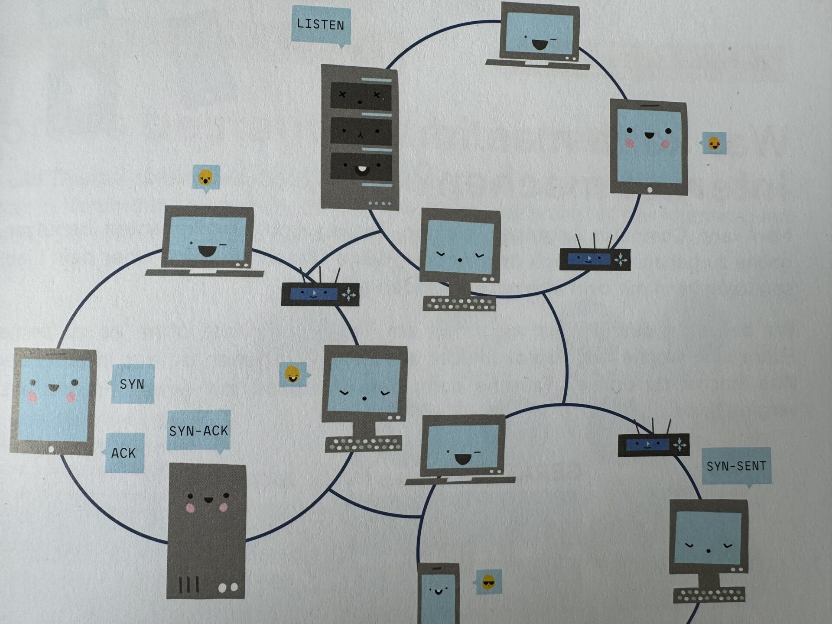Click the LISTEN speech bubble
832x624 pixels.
[x=321, y=25]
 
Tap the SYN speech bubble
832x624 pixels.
[x=132, y=384]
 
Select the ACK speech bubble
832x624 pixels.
[x=124, y=453]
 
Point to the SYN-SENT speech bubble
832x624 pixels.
[x=736, y=466]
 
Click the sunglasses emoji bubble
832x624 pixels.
[x=488, y=582]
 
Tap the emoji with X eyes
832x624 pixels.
[x=206, y=177]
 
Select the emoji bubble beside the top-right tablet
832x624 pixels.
[x=713, y=143]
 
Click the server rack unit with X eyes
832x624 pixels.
[x=361, y=95]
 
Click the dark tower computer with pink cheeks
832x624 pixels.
[x=206, y=531]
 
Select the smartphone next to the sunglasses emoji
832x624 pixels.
[x=438, y=593]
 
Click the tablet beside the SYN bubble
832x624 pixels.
[x=53, y=401]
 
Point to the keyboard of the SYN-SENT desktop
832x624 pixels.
[x=709, y=595]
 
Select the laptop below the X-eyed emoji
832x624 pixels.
[x=205, y=241]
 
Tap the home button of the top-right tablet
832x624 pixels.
[x=650, y=190]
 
